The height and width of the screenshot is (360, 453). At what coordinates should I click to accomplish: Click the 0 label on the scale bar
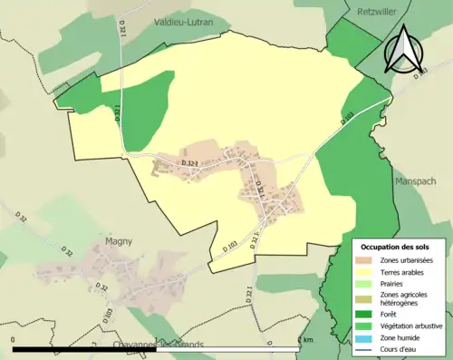[14, 340]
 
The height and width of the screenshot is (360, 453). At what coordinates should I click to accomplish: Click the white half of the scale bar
[227, 349]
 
